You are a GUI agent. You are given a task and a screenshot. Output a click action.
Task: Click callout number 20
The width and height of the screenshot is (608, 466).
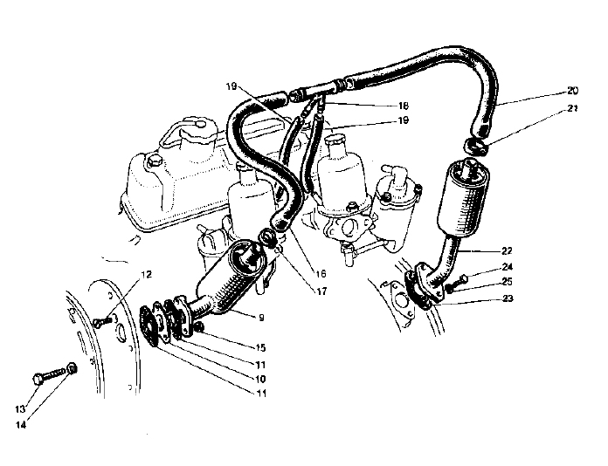point(572,91)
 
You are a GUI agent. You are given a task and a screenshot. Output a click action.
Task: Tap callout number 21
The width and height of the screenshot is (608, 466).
point(572,109)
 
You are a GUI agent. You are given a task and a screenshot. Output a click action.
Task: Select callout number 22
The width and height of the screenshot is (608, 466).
point(507,251)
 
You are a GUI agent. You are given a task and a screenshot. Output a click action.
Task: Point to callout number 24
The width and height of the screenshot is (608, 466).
point(508,267)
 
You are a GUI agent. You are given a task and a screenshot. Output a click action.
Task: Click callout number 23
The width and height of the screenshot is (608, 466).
point(508,298)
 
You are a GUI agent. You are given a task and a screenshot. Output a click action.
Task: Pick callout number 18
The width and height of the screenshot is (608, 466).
point(404,106)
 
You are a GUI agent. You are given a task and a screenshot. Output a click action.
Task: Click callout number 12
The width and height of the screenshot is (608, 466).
point(146,275)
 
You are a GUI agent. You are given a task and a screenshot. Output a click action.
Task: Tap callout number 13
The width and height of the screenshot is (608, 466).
point(20,409)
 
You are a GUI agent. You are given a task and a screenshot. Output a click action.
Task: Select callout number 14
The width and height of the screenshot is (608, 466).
point(21,425)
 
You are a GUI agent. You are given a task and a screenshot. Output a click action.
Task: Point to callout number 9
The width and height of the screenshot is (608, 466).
point(261,318)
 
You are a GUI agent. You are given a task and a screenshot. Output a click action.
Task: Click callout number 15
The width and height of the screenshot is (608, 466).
point(260,348)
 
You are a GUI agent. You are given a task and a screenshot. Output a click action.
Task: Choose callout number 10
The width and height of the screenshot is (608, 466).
point(260,379)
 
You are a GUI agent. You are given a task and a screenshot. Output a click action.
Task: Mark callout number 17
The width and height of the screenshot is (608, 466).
point(321,291)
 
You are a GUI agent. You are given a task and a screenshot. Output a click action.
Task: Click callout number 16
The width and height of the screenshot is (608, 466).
point(321,274)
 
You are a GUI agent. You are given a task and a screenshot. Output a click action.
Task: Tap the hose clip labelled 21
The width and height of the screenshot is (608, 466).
point(475,146)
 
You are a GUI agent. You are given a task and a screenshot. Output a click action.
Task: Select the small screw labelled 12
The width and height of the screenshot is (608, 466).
point(103,321)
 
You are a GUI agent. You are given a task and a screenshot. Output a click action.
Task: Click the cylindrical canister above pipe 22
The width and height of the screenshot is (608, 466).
point(462,198)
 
